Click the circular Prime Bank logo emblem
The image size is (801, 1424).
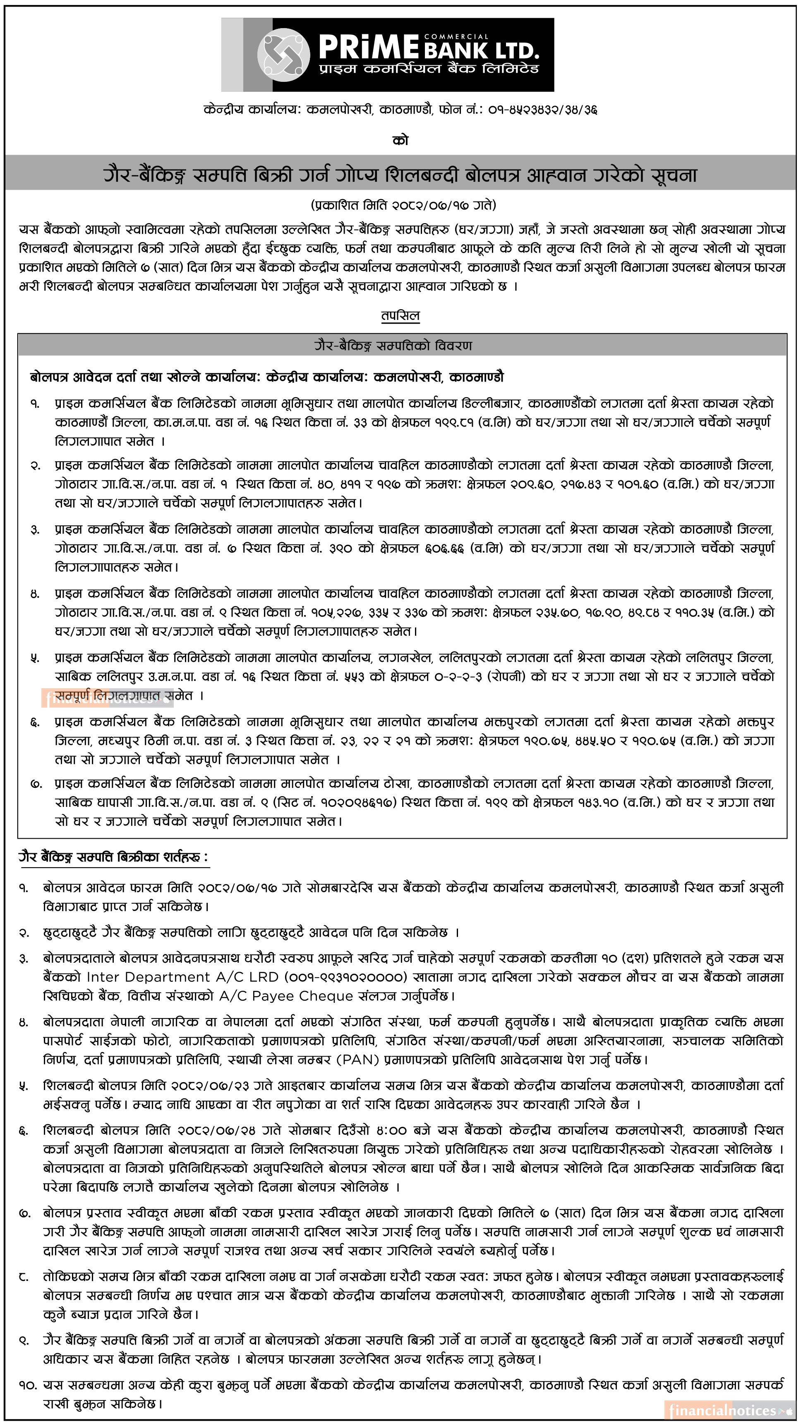tap(283, 54)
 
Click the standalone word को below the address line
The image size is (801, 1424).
tap(400, 141)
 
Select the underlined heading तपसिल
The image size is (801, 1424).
tap(400, 316)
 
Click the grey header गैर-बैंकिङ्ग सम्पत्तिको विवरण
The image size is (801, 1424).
tap(401, 346)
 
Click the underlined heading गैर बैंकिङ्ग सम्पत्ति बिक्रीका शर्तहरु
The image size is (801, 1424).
tap(113, 857)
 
